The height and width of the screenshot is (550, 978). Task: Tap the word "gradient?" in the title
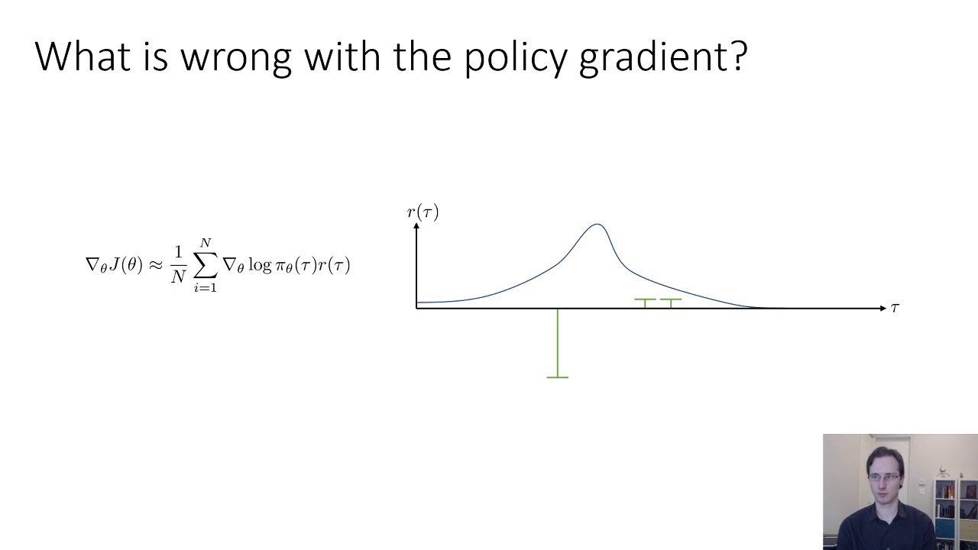(x=662, y=58)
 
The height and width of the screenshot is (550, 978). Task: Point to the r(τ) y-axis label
(x=423, y=212)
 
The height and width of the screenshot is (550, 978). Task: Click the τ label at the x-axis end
(x=895, y=307)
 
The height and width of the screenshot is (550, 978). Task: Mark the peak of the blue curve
(x=597, y=225)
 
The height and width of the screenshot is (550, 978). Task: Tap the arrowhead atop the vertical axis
(x=416, y=225)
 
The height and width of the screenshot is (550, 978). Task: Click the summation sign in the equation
(x=205, y=265)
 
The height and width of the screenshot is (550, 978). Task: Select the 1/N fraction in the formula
(x=178, y=265)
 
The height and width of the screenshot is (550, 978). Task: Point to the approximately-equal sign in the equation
(x=155, y=265)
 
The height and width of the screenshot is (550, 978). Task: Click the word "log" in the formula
(x=261, y=266)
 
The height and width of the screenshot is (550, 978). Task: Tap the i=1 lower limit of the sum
(x=205, y=288)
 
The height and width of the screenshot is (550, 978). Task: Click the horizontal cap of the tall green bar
(x=558, y=377)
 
